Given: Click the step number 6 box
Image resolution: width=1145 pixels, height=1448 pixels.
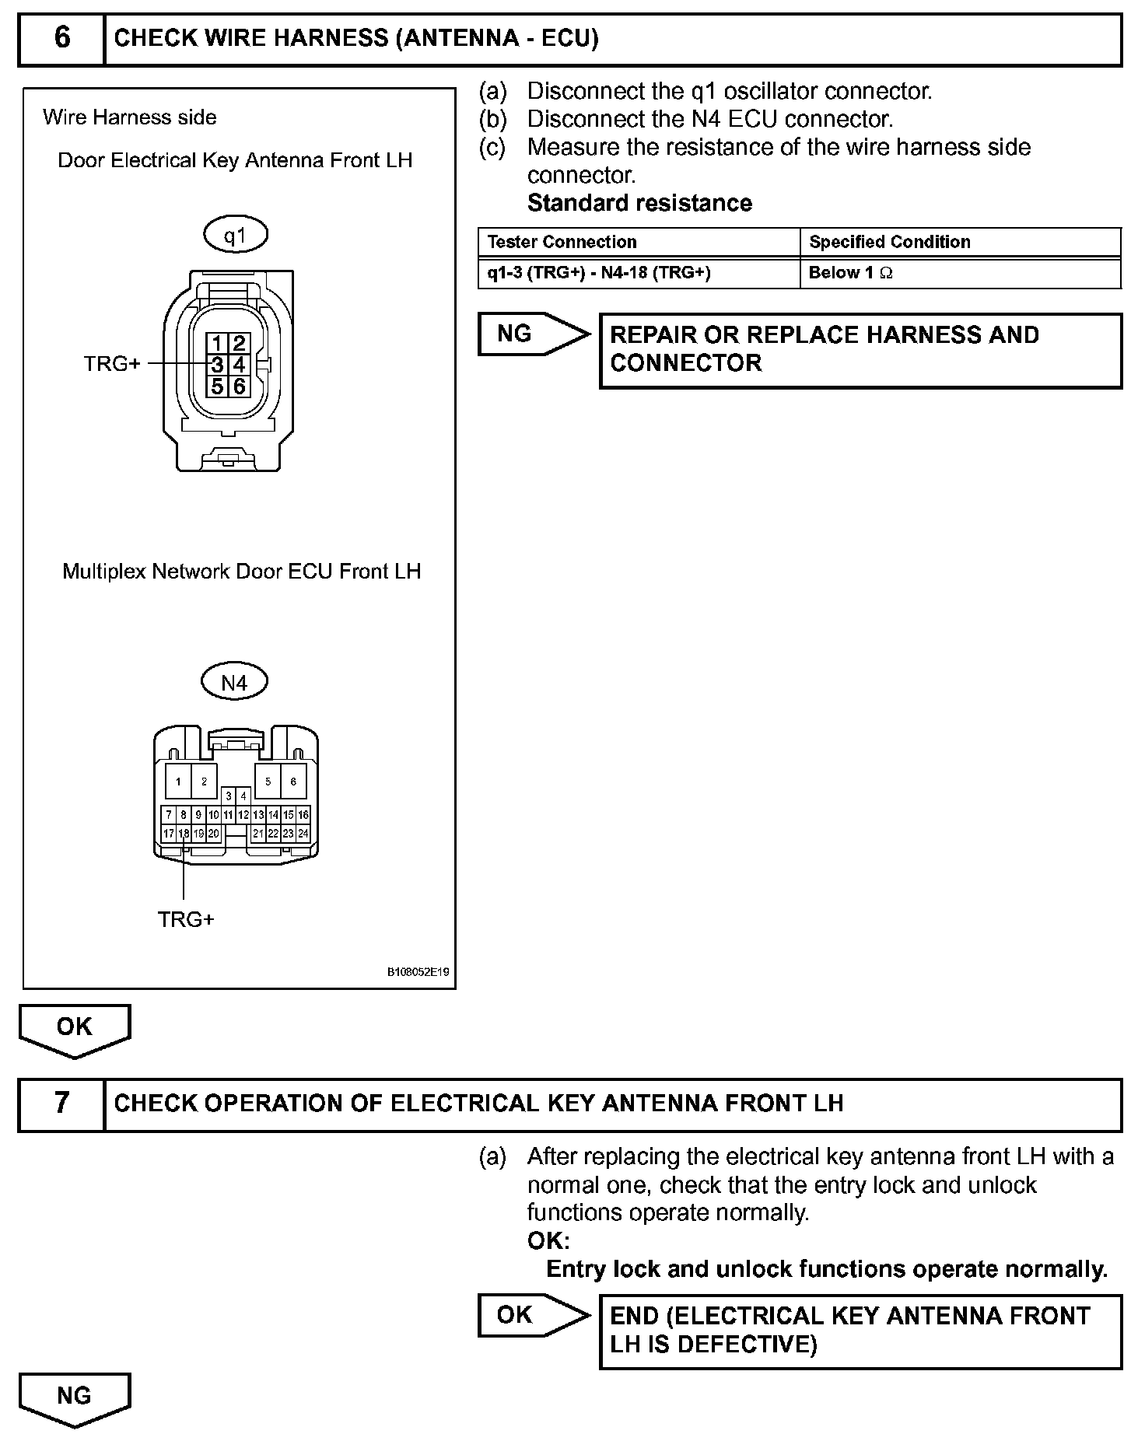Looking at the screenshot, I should click(61, 38).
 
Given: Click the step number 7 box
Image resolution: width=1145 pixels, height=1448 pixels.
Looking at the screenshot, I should click(61, 1103).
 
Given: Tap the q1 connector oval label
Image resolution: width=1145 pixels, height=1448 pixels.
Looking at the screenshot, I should click(235, 235).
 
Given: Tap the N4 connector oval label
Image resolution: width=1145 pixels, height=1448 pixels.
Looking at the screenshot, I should click(234, 682).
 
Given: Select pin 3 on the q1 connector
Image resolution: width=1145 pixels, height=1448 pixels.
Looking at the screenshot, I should click(218, 365).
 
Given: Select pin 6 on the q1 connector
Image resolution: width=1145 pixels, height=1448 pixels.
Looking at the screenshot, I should click(239, 386).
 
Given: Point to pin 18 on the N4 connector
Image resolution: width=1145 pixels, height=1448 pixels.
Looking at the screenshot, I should click(184, 833).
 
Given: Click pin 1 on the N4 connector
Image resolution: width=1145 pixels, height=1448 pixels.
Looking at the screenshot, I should click(179, 782).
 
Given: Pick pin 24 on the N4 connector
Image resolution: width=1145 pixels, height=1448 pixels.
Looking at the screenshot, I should click(303, 833).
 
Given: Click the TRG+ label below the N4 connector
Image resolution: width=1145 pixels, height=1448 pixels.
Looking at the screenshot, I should click(186, 919).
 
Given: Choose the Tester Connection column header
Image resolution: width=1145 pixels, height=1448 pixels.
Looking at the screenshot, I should click(562, 242).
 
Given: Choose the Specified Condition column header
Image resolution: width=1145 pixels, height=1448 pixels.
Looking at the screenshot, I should click(889, 242).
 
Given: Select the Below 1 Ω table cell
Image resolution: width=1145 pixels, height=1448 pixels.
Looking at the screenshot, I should click(850, 273).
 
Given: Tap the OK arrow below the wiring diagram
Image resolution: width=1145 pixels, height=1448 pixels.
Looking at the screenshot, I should click(75, 1029).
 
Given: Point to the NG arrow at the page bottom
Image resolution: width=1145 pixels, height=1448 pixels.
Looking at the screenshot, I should click(75, 1397).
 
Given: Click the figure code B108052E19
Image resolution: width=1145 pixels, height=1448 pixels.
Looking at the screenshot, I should click(418, 972).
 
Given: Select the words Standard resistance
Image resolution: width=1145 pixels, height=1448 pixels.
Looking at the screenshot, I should click(639, 203).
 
